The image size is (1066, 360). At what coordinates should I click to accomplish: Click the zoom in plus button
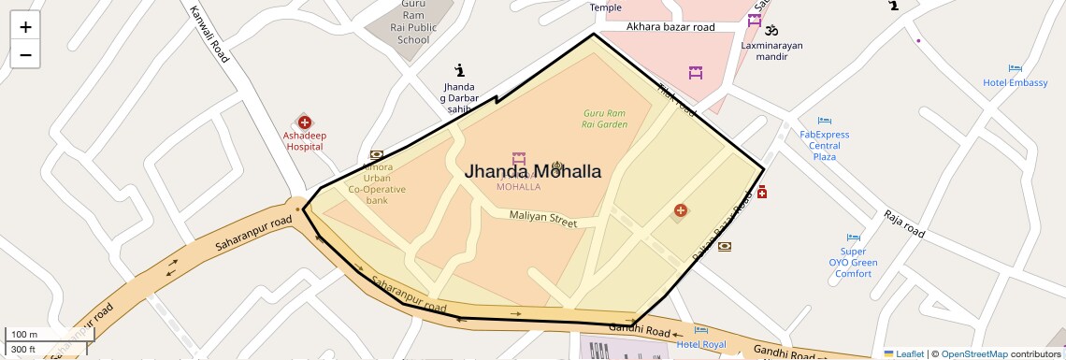coord(25,27)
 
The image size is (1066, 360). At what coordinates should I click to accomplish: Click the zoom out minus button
coord(25,54)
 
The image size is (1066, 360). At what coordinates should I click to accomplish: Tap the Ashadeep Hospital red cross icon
coord(305,122)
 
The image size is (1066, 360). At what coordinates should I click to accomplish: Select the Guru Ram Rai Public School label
coord(413,22)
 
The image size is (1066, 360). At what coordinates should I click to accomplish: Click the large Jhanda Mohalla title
coord(533,171)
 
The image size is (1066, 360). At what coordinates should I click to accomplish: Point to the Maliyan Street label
coord(543,218)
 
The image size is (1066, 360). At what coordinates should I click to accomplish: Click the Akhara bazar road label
coord(670,27)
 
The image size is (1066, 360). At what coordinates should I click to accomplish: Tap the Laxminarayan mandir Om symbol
coord(771,30)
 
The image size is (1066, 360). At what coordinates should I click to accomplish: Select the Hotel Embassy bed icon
coord(1016,68)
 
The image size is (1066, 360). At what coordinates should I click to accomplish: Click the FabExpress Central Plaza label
coord(824,145)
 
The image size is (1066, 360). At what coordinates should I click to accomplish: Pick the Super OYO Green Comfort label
coord(853,262)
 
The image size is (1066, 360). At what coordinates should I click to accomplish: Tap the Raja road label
coord(904,223)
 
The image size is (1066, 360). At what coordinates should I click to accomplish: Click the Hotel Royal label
coord(701,344)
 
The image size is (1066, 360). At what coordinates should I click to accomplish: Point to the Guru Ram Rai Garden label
coord(604,118)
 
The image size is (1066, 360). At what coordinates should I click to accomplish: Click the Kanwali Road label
coord(209,36)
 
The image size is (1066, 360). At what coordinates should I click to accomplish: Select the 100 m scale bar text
coord(23,334)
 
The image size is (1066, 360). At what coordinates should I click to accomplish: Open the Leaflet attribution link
coord(903,353)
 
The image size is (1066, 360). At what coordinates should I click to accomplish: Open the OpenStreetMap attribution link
coord(973,353)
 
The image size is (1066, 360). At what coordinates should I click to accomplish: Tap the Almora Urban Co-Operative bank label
coord(377,183)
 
